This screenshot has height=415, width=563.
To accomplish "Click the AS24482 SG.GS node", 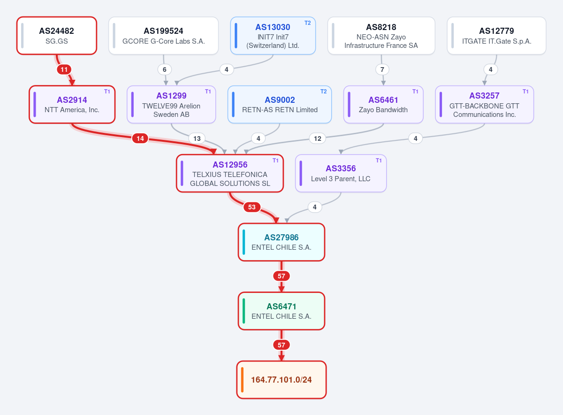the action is click(57, 36).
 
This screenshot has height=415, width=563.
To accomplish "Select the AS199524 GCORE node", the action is click(163, 36).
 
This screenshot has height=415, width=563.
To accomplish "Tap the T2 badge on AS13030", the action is click(307, 23).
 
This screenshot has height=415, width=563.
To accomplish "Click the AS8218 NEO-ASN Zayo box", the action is click(381, 36).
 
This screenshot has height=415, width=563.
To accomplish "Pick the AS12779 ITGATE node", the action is click(496, 36).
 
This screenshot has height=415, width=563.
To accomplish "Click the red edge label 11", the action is click(64, 69).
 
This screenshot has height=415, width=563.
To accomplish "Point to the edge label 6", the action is click(165, 69).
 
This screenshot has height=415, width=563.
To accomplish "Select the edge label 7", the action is click(382, 69).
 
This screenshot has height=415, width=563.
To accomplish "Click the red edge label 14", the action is click(140, 138).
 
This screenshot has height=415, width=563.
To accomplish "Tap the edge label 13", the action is click(197, 138).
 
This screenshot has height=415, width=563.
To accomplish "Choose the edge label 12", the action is click(318, 138).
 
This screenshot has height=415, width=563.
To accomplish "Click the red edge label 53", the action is click(252, 207).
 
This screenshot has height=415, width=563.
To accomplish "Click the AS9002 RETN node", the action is click(280, 104).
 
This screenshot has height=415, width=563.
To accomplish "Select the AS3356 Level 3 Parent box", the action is click(341, 173).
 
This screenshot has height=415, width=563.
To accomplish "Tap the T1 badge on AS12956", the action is click(275, 161).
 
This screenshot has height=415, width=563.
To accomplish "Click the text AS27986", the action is click(281, 237).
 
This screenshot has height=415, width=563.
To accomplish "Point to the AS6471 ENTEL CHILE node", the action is click(281, 311).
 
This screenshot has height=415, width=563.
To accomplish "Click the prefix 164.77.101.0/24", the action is click(281, 380).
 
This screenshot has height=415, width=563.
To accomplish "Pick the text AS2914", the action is click(72, 100).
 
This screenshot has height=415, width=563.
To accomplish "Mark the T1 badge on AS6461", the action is click(415, 92).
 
